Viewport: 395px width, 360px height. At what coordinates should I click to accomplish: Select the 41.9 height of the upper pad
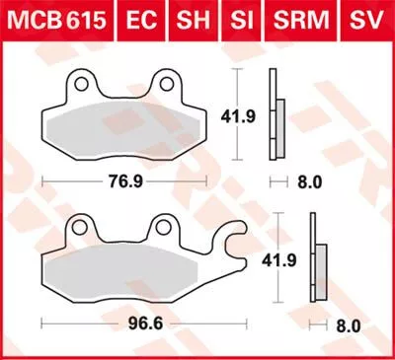244,115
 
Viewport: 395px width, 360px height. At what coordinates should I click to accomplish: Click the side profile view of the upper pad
276,118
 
